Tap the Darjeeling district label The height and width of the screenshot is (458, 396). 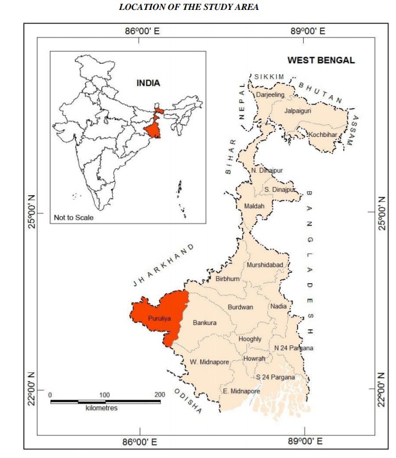(271, 95)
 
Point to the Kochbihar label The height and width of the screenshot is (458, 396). (322, 135)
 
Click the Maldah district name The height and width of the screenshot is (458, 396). (254, 206)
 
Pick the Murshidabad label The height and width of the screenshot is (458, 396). (265, 265)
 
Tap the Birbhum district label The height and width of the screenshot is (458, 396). (227, 279)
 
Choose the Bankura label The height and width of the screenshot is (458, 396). (205, 323)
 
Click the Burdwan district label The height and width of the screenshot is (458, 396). (240, 307)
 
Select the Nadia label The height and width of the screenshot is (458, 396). (278, 306)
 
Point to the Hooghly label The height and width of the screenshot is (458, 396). (250, 339)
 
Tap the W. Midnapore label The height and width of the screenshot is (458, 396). (208, 361)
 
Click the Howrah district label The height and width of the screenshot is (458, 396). (254, 358)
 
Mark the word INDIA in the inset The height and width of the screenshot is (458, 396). (148, 83)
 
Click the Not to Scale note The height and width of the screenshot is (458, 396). (74, 217)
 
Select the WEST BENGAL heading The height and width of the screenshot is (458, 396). (322, 60)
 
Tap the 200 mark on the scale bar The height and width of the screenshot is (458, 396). (160, 395)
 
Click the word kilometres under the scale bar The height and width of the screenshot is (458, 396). (102, 408)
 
